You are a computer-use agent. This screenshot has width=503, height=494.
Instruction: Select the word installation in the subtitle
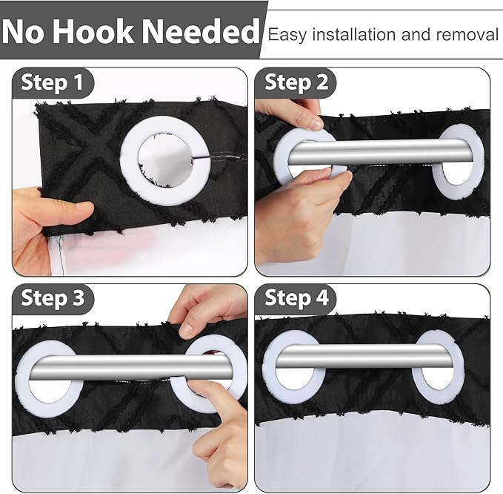coord(355,35)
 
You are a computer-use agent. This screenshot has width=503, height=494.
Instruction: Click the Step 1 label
coord(52,82)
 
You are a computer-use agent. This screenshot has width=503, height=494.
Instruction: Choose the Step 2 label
coord(296,82)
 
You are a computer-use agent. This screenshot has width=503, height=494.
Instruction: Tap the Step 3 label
coord(53,298)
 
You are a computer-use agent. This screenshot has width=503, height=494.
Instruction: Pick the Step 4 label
coord(296,298)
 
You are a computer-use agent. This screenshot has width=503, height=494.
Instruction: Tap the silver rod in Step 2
coord(378,151)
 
